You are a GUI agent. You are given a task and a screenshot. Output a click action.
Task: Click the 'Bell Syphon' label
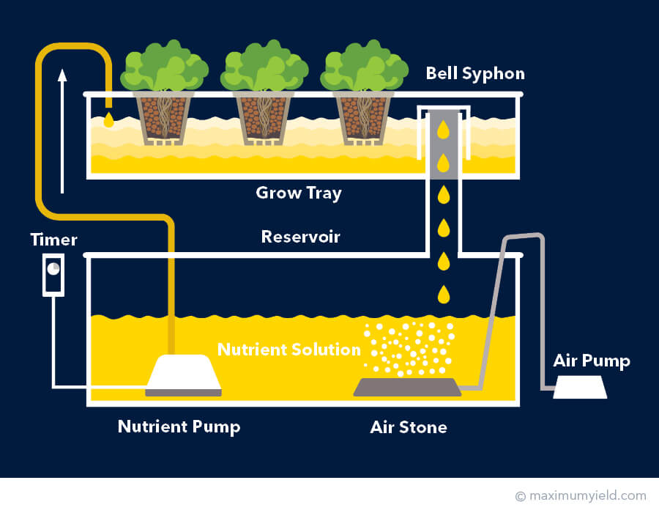(475, 74)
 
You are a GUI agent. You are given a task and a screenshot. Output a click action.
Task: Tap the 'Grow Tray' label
(299, 193)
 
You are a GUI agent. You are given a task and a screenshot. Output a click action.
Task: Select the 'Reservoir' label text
(300, 237)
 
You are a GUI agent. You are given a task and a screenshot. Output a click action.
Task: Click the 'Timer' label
(53, 240)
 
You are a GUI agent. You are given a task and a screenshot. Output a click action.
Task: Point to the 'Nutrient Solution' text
(288, 349)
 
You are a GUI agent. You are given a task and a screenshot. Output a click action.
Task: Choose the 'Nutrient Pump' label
(179, 427)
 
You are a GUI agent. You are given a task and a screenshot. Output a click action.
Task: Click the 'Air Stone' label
(409, 427)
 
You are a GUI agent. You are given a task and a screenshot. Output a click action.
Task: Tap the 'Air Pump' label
(592, 361)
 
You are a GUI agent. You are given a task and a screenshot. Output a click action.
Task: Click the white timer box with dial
(53, 274)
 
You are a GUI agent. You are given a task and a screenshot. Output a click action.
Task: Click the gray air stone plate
(407, 386)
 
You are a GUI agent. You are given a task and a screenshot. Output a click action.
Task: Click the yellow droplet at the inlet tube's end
(109, 119)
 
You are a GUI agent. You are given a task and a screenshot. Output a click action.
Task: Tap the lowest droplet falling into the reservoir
(443, 295)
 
